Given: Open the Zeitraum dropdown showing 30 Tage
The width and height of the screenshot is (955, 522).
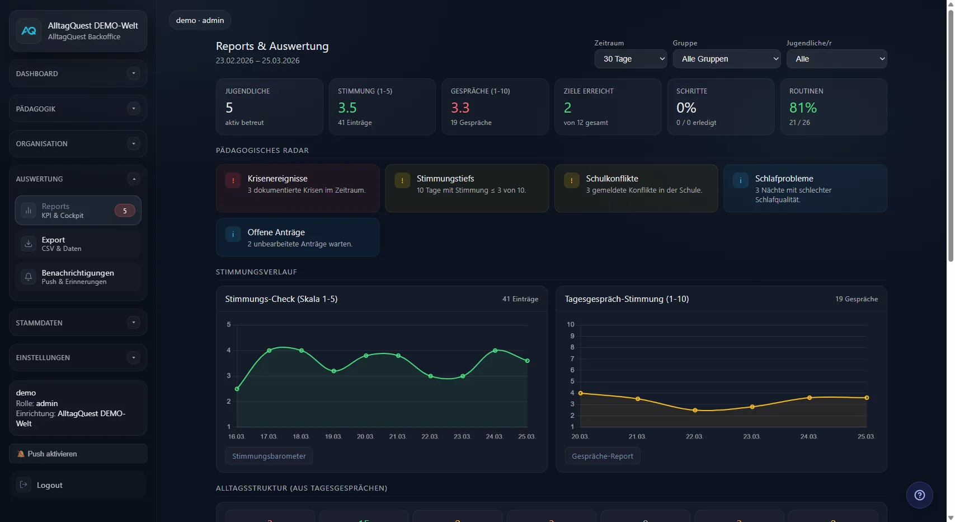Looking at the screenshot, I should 631,59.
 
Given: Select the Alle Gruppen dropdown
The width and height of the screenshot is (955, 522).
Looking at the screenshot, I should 727,59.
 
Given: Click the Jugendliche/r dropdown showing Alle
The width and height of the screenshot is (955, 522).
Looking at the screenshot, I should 836,59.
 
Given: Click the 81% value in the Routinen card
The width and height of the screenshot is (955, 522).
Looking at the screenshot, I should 803,108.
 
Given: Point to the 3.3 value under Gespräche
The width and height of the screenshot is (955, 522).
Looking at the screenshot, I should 460,108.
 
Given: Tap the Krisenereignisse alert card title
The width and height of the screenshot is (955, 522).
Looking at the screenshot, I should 277,179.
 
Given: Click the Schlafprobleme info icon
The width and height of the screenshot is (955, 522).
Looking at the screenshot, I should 740,180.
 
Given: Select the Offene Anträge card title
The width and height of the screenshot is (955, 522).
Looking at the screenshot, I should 276,232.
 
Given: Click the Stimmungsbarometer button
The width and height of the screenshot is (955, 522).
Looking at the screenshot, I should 269,456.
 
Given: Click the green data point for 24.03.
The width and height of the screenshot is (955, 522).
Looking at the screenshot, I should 495,351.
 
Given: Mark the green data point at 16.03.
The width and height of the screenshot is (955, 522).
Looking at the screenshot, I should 237,389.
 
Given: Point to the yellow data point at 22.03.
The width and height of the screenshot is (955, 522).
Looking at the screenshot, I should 695,411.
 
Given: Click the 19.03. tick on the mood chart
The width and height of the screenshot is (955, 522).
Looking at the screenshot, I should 333,436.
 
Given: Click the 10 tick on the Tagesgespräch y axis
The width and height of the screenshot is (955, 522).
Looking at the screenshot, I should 570,324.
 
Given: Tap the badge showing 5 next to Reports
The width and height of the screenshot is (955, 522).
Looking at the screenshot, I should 125,211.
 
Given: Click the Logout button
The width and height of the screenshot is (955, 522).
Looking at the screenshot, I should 49,485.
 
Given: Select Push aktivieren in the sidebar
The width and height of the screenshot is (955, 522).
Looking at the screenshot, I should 52,454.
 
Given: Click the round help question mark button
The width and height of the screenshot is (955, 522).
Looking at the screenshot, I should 919,495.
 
